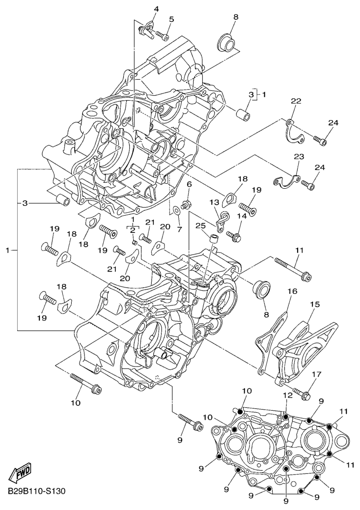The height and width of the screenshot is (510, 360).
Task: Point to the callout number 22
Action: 296,101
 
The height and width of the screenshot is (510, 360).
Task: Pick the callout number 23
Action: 299,157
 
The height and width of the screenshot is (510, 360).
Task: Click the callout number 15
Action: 314,305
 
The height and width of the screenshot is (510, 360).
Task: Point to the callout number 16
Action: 292,291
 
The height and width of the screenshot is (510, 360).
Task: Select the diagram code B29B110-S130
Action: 36,491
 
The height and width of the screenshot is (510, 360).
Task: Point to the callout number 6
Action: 189,184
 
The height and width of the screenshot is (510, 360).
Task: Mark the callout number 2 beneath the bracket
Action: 133,229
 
